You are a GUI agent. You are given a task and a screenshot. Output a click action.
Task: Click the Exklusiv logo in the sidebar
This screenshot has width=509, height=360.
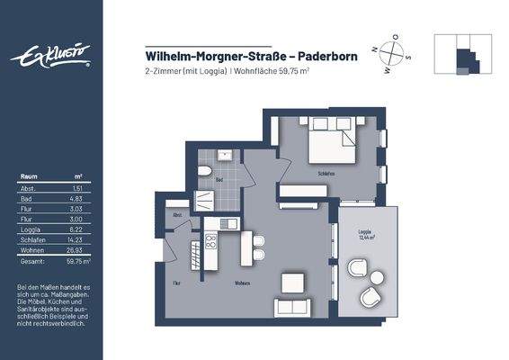coord(50,58)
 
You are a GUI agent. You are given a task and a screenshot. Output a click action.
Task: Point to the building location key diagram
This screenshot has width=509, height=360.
coord(462,57)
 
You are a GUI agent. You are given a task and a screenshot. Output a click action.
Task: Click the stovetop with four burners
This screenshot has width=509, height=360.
coord(212,240)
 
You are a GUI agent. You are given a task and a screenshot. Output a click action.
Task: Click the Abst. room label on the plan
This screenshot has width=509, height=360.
coord(177,214)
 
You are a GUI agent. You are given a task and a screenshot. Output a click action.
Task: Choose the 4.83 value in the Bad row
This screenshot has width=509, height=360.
coord(76,196)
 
